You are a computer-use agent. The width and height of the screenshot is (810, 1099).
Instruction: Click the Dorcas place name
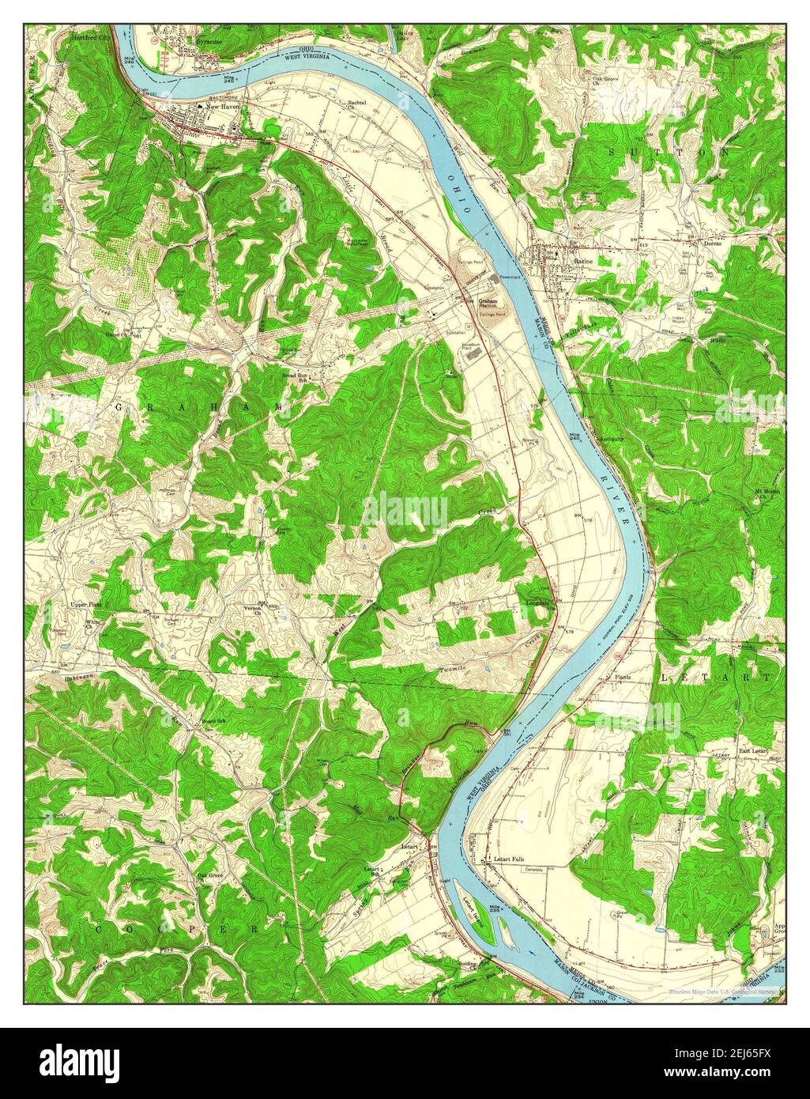coord(713,244)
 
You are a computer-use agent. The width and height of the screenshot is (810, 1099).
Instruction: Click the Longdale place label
coord(538,603)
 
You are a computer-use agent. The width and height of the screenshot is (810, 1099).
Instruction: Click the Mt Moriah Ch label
coord(767,494)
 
